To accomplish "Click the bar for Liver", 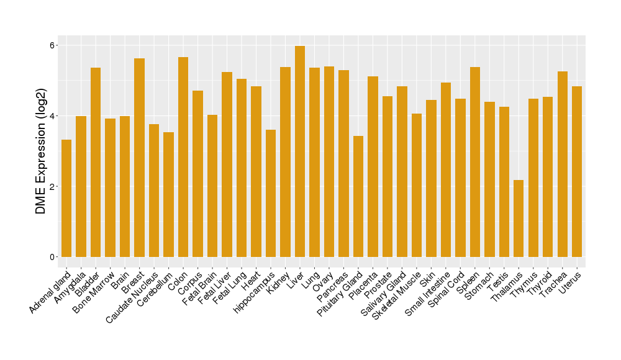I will [x=300, y=151].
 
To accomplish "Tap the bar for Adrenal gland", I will [x=66, y=199].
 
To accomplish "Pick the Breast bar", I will [x=139, y=158].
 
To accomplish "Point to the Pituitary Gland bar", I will [x=358, y=196].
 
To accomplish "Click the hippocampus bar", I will [x=271, y=193].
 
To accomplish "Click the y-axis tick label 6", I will [x=53, y=45].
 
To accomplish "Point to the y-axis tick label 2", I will [x=53, y=187].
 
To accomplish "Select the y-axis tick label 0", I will [x=53, y=257].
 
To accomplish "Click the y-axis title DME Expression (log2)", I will [x=41, y=151].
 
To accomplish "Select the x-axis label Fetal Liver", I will [x=217, y=288].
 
